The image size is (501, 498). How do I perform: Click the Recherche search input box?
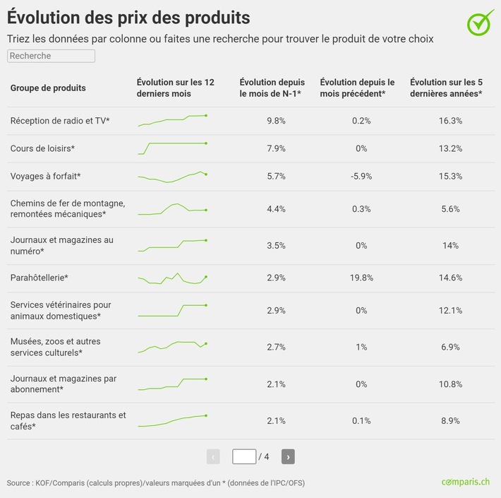[x=51, y=56]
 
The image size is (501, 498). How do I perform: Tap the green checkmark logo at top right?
[x=481, y=22]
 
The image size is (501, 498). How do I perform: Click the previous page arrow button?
[x=213, y=457]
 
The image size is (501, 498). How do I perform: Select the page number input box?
[x=244, y=457]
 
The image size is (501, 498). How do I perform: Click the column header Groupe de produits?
[x=48, y=88]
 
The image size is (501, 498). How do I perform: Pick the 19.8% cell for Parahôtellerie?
[x=361, y=278]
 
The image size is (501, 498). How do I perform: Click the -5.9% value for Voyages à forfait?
[x=361, y=177]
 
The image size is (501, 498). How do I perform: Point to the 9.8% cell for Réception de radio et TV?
[x=276, y=121]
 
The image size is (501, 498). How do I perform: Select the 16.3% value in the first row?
[x=449, y=121]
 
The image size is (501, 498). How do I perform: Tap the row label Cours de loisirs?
[x=42, y=149]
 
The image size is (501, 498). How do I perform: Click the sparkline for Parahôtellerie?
[x=172, y=278]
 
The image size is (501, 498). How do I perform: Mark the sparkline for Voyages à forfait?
[x=172, y=177]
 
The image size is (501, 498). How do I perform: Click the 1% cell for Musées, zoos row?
[x=361, y=347]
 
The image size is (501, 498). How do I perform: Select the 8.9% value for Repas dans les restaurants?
[x=449, y=421]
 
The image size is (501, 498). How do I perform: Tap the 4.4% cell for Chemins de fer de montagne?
[x=276, y=209]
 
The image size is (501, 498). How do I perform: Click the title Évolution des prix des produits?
[x=128, y=16]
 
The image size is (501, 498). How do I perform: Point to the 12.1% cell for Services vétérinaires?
[x=449, y=311]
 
